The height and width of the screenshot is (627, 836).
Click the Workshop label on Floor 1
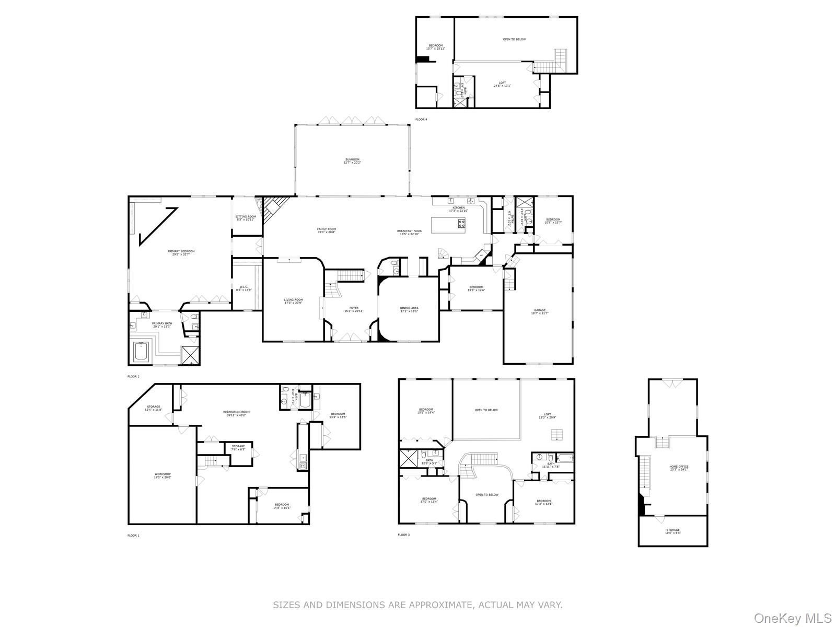[x=162, y=475]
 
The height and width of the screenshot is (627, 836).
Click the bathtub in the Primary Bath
[x=142, y=352]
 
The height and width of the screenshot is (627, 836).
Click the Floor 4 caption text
[x=421, y=120]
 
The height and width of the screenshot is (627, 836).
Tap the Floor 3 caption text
[x=404, y=535]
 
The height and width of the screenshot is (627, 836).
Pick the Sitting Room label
[x=246, y=218]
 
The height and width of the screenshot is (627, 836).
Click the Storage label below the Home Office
[x=673, y=531]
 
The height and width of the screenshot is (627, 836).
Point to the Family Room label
[x=326, y=230]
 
